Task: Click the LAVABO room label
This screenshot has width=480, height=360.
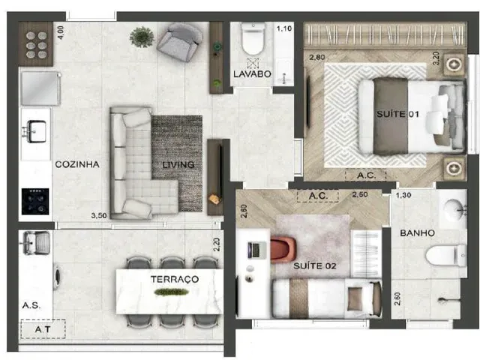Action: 252,74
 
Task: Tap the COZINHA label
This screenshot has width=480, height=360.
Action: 77,164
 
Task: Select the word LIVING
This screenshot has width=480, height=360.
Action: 178,165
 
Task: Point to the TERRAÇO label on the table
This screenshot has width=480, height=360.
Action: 175,279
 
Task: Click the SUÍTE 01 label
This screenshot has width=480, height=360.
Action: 397,114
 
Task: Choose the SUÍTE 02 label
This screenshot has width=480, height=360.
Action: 315,265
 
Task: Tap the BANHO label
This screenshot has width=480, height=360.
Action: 417,233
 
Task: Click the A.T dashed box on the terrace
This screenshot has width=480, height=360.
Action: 43,329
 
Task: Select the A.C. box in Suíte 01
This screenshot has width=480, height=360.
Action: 366,175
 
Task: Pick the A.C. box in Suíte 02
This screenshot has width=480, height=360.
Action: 318,196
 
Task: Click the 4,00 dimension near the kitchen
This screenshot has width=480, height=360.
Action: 61,32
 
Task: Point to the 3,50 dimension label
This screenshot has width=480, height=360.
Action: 99,215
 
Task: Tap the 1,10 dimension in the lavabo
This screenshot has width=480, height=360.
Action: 284,28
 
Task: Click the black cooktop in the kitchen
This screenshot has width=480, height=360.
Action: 35,201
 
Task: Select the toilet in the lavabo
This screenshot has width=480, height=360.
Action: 253,39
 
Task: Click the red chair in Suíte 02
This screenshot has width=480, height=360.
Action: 283,250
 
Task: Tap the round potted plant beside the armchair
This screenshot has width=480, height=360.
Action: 142,37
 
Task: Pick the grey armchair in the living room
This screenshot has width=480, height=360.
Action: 180,42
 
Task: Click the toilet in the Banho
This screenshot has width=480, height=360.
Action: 446,256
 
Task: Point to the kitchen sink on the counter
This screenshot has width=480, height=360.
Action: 36,132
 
